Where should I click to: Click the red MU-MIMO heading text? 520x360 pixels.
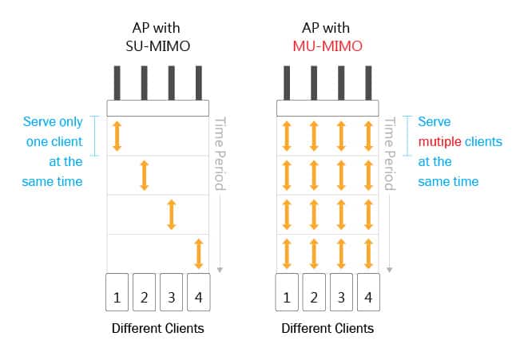point(327,45)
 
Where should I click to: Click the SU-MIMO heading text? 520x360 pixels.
point(158,45)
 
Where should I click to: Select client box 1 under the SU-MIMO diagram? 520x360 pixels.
point(117,291)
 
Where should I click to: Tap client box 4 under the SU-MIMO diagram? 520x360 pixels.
point(199,291)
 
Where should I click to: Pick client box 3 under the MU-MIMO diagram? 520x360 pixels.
point(341,291)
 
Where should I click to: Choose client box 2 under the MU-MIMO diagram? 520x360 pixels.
point(314,291)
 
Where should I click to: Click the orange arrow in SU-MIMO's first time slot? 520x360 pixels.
point(117,136)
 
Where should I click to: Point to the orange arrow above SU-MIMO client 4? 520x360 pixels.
point(199,253)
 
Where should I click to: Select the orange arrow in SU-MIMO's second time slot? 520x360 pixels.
point(145,175)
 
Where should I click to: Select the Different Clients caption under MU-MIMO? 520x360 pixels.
point(327,328)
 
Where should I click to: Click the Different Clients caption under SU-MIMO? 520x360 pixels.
point(158,328)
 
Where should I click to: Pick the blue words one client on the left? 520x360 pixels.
point(53,142)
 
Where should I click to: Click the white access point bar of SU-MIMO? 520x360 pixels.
point(158,108)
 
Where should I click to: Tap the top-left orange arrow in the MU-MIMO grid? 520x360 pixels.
point(287,136)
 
